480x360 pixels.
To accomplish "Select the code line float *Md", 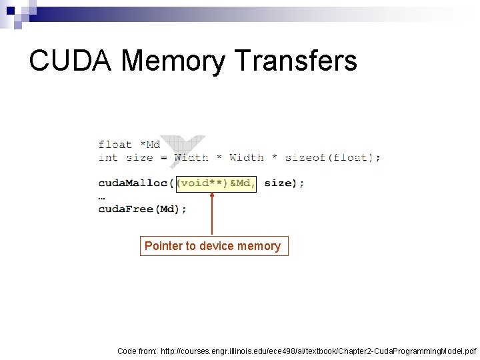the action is point(129,144).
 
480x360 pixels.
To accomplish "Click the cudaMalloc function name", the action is point(133,183).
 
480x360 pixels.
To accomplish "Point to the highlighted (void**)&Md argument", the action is point(215,183).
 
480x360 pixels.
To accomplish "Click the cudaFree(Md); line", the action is point(143,209).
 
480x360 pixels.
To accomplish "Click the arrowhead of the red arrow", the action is point(212,195).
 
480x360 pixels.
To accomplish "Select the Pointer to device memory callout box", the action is point(213,246).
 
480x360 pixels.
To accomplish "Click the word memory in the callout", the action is point(259,246).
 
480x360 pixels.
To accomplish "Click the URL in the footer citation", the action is point(318,351).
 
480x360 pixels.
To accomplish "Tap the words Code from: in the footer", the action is point(137,351).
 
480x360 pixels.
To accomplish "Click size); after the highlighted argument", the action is point(284,183).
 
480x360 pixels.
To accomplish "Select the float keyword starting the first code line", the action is point(115,144).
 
